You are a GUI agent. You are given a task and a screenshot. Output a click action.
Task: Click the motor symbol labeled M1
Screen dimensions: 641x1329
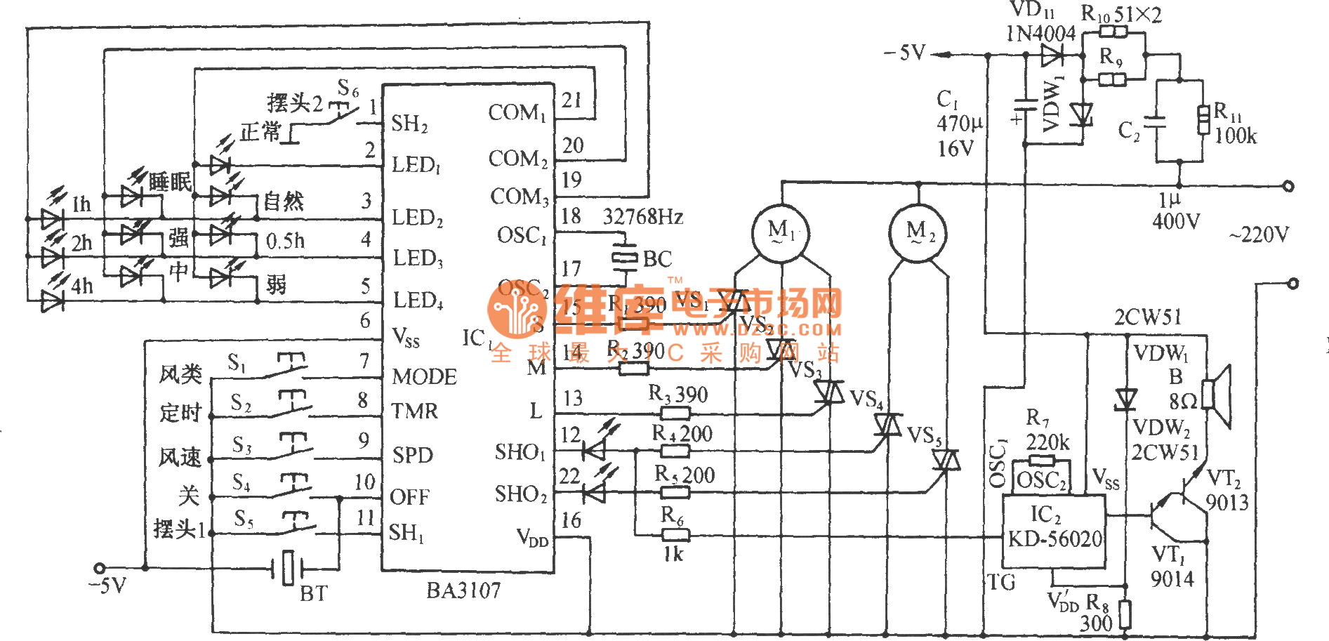point(779,232)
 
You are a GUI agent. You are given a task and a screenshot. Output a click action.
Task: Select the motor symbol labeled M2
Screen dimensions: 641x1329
point(918,232)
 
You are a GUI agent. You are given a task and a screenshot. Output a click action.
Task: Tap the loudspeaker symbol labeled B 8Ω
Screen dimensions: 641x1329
point(1217,395)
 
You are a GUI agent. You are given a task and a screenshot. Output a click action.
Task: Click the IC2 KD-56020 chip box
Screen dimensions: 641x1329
point(1054,530)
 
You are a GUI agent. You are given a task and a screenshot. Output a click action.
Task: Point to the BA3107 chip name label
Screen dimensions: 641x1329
point(463,590)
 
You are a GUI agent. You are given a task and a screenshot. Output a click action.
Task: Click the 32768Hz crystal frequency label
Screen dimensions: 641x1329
point(643,217)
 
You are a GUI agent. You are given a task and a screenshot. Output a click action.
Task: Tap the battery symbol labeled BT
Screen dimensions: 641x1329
point(288,568)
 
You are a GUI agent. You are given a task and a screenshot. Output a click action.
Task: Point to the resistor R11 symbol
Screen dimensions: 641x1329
point(1203,119)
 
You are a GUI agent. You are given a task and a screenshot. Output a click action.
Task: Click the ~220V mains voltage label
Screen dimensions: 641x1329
point(1258,234)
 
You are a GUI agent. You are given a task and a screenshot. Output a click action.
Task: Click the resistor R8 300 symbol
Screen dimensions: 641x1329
point(1125,614)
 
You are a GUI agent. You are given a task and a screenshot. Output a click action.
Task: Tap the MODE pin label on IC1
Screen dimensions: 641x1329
point(424,377)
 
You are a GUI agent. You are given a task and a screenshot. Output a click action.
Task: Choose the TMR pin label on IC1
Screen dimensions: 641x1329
point(414,411)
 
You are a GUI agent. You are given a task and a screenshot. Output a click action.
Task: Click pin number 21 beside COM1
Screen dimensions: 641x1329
point(571,100)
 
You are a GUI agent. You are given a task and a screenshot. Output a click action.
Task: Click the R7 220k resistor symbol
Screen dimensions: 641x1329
point(1042,461)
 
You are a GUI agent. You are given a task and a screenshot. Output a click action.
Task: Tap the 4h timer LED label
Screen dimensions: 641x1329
point(81,286)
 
